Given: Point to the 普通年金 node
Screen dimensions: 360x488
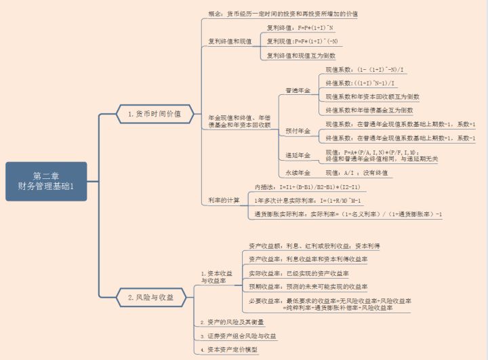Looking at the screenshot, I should (x=298, y=90).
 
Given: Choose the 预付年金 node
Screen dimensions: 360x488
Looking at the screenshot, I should (x=298, y=131).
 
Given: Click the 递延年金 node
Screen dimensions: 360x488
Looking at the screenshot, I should (x=298, y=156).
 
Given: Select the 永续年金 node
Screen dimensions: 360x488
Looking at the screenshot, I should (x=298, y=173).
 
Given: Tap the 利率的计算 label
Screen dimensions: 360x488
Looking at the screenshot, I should (x=224, y=200).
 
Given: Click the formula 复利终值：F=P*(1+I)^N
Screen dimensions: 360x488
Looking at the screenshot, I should (x=300, y=28).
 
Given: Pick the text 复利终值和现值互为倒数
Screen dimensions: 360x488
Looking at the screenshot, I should (x=301, y=56).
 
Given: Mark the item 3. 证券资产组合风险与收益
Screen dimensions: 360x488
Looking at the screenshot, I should (x=239, y=336).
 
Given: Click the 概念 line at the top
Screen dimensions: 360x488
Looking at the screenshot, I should (x=283, y=14).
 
